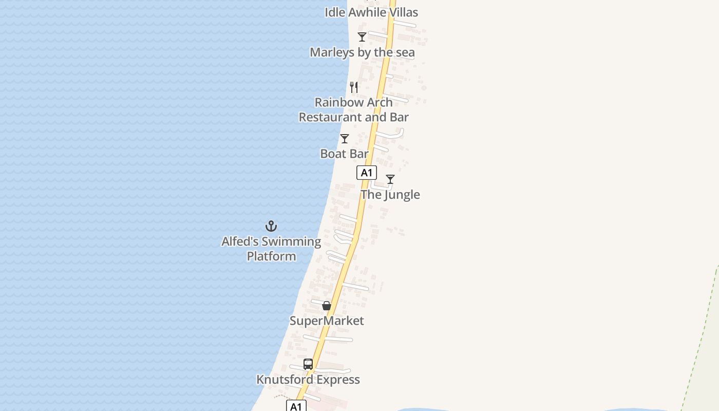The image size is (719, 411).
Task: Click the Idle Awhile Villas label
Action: coord(371,12)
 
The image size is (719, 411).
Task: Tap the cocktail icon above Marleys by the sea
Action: coord(362,37)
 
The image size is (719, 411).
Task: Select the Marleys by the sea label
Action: coord(362,52)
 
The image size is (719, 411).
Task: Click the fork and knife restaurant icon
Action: coord(354,87)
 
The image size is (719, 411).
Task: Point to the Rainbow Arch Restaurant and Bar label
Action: coord(354,110)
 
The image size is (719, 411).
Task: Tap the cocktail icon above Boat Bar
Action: coord(345,139)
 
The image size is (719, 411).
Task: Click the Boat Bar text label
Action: coord(345,154)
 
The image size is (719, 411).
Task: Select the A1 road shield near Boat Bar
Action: coord(367,173)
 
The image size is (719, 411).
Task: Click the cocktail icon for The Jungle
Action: coord(390,179)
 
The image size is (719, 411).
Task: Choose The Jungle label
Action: coord(390,195)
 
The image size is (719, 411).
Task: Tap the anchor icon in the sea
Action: coord(271,226)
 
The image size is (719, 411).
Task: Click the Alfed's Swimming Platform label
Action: coord(271,249)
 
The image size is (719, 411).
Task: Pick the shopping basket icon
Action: coord(327,306)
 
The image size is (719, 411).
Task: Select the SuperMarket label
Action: coord(327,321)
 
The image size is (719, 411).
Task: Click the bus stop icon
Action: coord(308,364)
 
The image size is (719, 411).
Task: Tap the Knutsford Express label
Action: coord(308,380)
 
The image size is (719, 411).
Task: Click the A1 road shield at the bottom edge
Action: coord(296,406)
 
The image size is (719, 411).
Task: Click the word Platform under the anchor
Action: coord(271,256)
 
